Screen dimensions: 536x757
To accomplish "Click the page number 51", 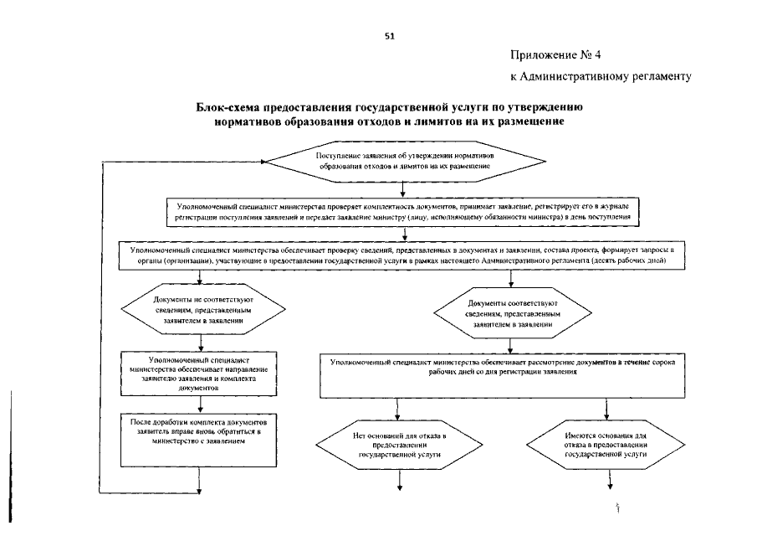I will pyautogui.click(x=388, y=36).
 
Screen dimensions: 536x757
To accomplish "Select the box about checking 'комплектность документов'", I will pyautogui.click(x=403, y=211).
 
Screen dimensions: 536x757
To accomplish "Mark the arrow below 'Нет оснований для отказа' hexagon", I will pyautogui.click(x=400, y=482).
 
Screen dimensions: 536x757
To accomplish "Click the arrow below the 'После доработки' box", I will pyautogui.click(x=201, y=482).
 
